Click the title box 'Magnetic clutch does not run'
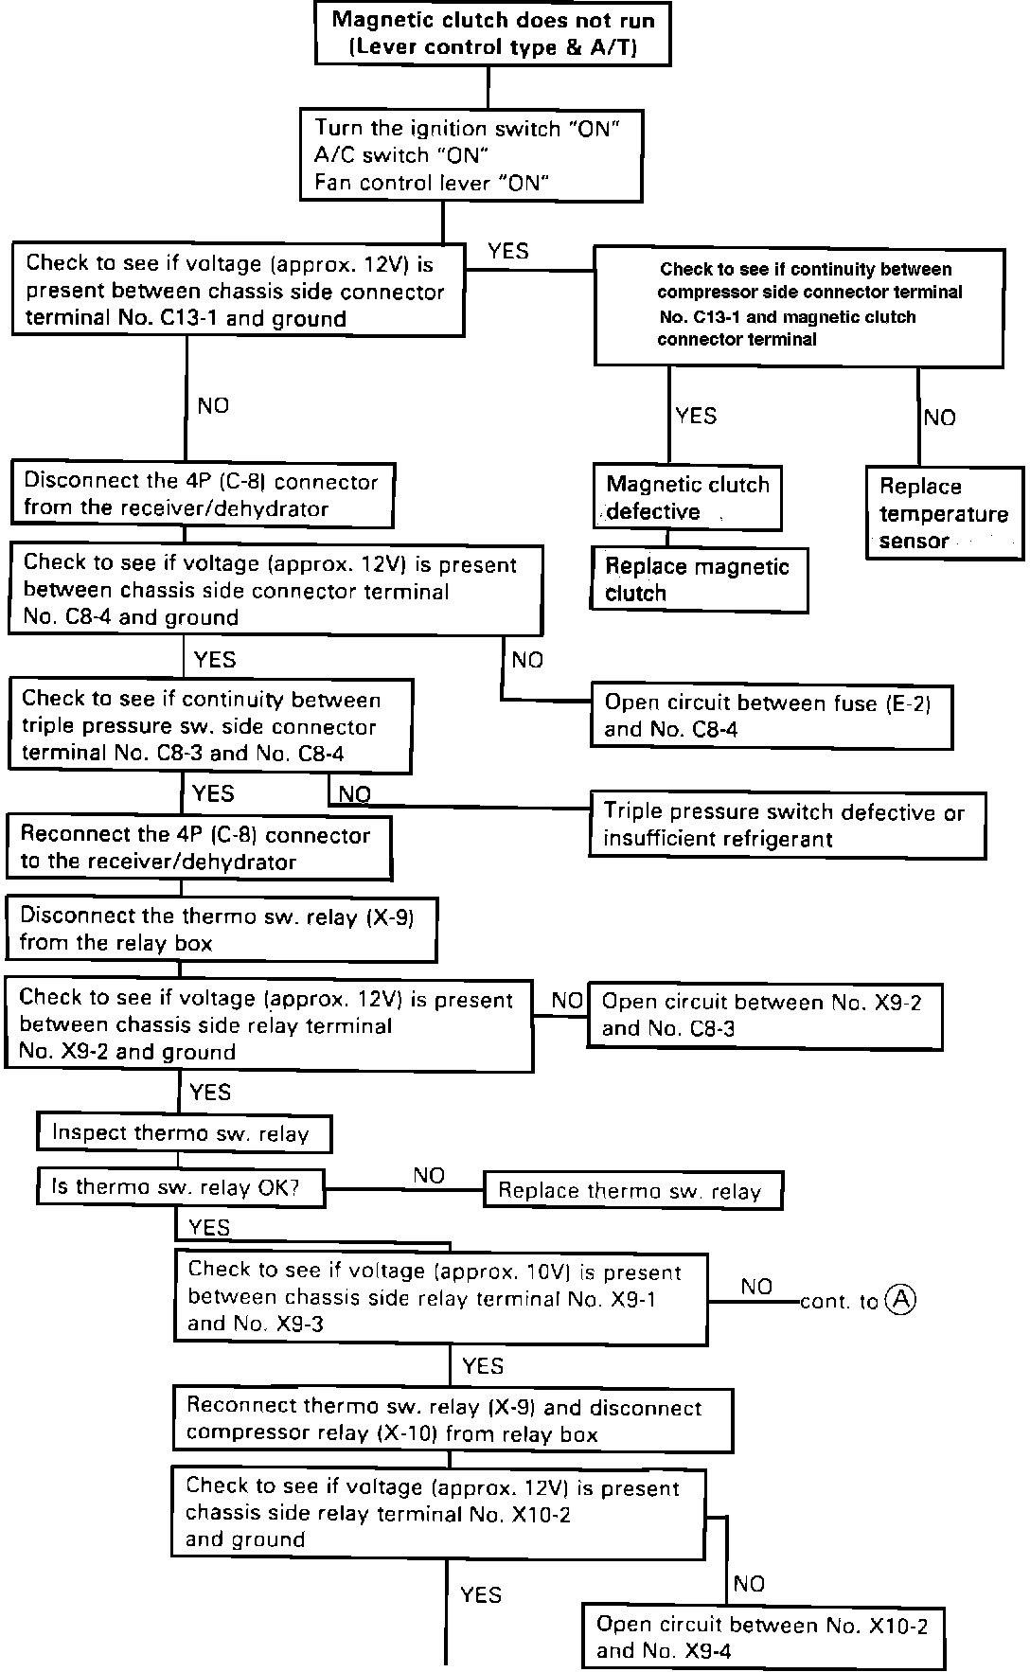pyautogui.click(x=492, y=34)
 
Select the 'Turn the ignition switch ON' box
pyautogui.click(x=471, y=155)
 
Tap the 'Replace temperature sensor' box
pyautogui.click(x=944, y=513)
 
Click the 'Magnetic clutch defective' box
pyautogui.click(x=687, y=498)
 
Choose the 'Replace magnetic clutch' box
pyautogui.click(x=699, y=579)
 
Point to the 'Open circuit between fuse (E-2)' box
pyautogui.click(x=771, y=717)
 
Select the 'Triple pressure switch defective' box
pyautogui.click(x=787, y=826)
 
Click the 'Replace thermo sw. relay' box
pyautogui.click(x=632, y=1191)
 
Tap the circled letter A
pyautogui.click(x=900, y=1299)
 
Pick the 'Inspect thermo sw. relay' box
pyautogui.click(x=184, y=1133)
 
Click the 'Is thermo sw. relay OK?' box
pyautogui.click(x=180, y=1187)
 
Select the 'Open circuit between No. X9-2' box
pyautogui.click(x=765, y=1016)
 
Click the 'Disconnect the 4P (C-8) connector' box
pyautogui.click(x=202, y=494)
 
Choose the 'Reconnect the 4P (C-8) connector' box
pyautogui.click(x=198, y=848)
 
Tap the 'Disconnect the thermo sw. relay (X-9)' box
pyautogui.click(x=221, y=930)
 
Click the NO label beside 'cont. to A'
pyautogui.click(x=757, y=1287)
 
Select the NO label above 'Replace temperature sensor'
pyautogui.click(x=939, y=418)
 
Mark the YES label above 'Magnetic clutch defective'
pyautogui.click(x=696, y=416)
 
